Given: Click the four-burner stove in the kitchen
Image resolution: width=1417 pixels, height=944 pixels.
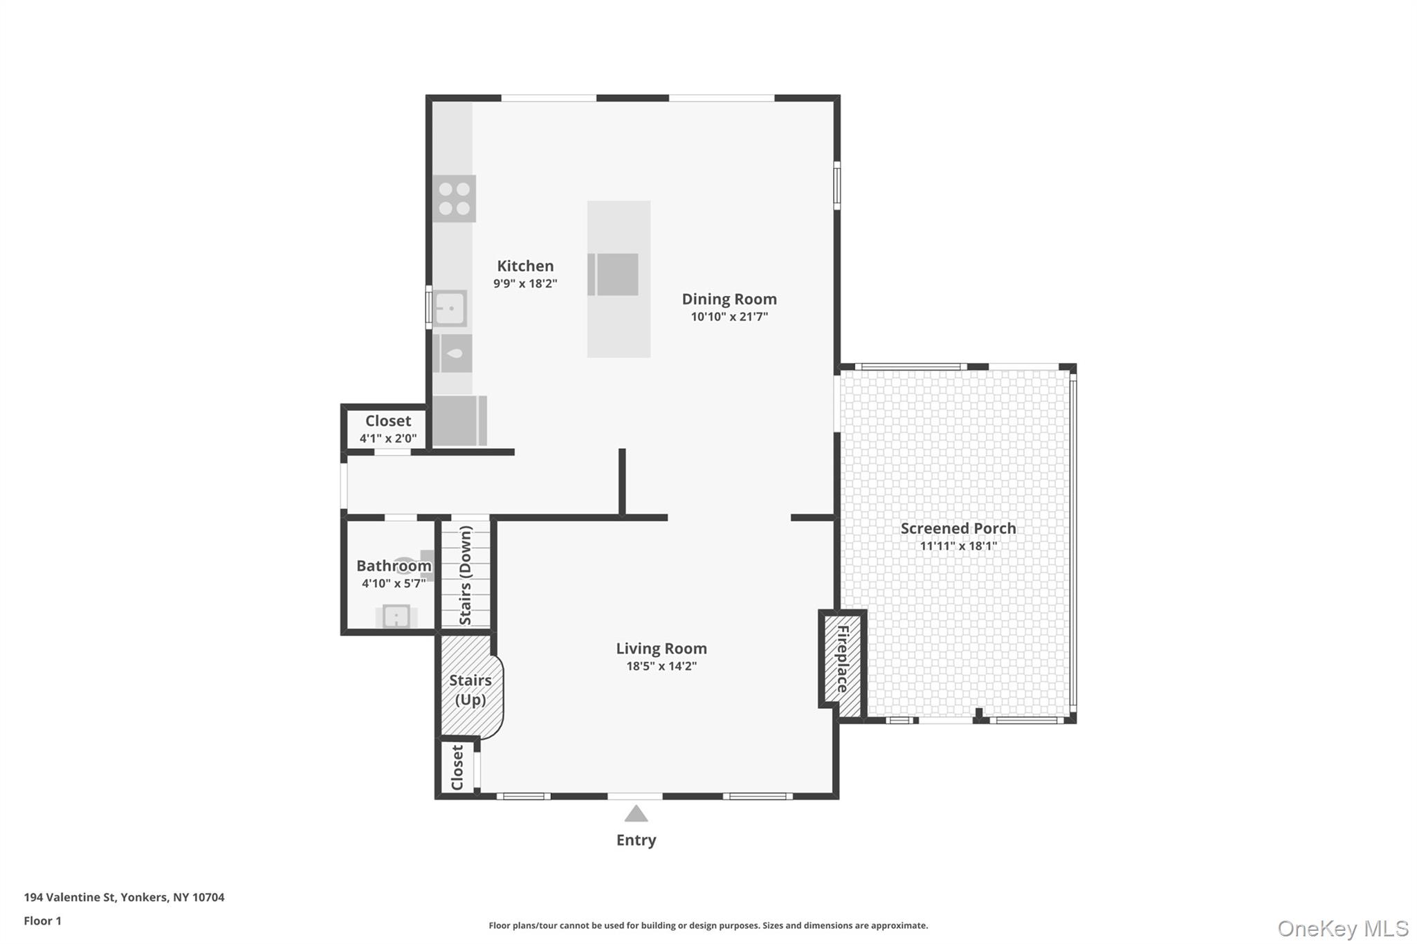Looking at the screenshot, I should point(454,198).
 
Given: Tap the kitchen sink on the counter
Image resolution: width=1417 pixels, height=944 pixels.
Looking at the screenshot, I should point(450,308).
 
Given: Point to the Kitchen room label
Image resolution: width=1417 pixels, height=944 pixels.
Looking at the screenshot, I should point(525,266).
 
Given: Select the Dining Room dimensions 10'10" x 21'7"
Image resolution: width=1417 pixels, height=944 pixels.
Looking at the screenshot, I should point(729,317).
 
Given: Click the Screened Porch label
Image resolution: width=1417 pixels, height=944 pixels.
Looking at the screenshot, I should point(958,528).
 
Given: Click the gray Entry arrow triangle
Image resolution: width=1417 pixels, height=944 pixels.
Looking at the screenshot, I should point(636,814).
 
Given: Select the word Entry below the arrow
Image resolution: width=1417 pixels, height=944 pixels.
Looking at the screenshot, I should point(636,840).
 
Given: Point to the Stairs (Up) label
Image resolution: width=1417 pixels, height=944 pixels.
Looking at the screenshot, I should point(470,690).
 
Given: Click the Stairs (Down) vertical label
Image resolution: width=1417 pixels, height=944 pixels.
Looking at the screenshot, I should point(466,575).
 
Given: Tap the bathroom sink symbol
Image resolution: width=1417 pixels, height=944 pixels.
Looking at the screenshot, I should point(396,616).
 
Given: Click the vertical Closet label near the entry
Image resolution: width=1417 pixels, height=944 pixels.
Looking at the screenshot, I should point(457,767).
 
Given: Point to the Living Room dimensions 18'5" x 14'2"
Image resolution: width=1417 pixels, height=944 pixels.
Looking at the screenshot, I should point(661,666).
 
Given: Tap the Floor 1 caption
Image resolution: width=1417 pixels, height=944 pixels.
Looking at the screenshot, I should point(43,921).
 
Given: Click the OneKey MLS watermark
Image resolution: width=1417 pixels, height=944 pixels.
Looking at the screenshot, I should point(1343,928).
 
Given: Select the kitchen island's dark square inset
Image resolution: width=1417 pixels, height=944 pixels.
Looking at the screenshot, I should point(614,275).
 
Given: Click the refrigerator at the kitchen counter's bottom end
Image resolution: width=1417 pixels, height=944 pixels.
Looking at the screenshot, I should point(459,420).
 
